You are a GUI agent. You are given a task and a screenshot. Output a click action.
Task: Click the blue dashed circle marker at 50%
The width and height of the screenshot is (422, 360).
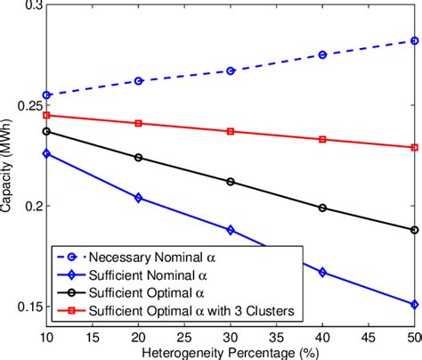click(413, 40)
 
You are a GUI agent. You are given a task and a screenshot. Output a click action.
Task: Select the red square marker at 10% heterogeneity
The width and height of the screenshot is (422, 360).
click(45, 115)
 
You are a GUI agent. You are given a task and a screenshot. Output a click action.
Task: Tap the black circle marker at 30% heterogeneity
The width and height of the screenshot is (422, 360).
click(230, 182)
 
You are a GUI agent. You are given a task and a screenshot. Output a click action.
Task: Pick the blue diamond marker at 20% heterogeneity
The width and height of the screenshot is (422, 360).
click(138, 198)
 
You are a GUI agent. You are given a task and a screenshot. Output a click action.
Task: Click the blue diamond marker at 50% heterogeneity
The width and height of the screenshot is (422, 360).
click(413, 304)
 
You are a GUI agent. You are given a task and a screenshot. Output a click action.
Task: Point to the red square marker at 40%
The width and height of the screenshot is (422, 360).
click(321, 139)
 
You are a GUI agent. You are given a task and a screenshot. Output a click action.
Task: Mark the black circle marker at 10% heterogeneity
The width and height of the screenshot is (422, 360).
click(45, 131)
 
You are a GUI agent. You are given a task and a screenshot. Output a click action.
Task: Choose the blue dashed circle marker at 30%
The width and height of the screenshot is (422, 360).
click(230, 70)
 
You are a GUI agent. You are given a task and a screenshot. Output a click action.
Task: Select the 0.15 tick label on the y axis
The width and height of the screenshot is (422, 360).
click(25, 307)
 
